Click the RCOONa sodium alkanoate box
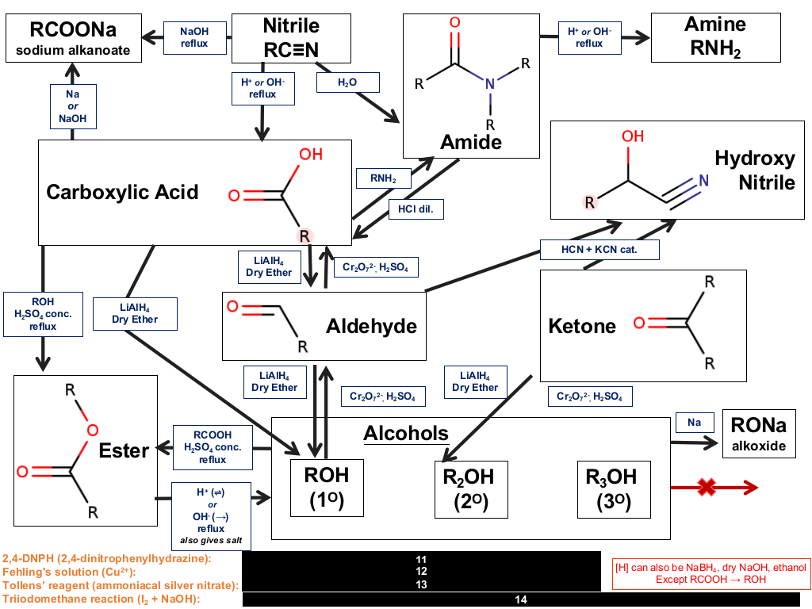pyautogui.click(x=74, y=38)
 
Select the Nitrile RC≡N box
pyautogui.click(x=291, y=38)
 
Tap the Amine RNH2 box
pyautogui.click(x=716, y=37)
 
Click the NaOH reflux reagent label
pyautogui.click(x=195, y=38)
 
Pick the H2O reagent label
pyautogui.click(x=347, y=82)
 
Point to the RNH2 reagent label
pyautogui.click(x=383, y=178)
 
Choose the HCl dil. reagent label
pyautogui.click(x=416, y=209)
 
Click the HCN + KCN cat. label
pyautogui.click(x=599, y=250)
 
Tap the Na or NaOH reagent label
pyautogui.click(x=72, y=106)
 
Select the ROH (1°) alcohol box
pyautogui.click(x=327, y=488)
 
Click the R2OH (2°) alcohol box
pyautogui.click(x=471, y=489)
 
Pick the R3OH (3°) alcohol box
pyautogui.click(x=614, y=489)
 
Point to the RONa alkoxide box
pyautogui.click(x=759, y=434)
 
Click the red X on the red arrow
pyautogui.click(x=707, y=487)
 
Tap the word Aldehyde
pyautogui.click(x=371, y=326)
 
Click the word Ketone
pyautogui.click(x=582, y=326)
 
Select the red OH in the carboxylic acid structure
pyautogui.click(x=311, y=155)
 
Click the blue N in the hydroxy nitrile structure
pyautogui.click(x=703, y=180)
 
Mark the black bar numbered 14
pyautogui.click(x=521, y=599)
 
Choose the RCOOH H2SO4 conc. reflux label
pyautogui.click(x=213, y=447)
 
